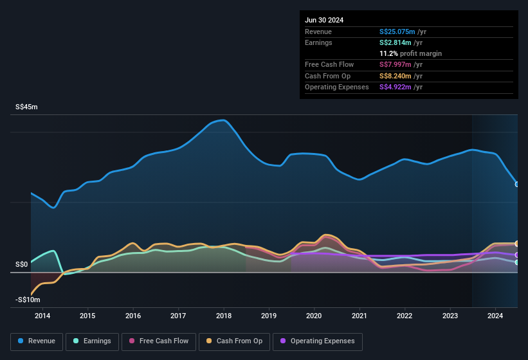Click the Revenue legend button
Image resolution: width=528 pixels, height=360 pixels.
click(37, 341)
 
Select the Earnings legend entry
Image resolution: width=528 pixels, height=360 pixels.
click(92, 341)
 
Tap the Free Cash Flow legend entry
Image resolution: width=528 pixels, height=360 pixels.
click(159, 341)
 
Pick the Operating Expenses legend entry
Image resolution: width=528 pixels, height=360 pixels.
click(318, 341)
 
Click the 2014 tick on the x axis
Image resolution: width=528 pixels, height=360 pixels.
click(42, 316)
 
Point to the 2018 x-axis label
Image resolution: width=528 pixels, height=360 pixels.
click(224, 316)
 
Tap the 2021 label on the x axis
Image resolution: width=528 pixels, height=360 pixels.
click(360, 316)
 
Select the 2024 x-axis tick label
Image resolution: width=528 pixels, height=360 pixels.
click(495, 316)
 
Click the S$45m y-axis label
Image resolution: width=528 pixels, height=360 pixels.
click(26, 107)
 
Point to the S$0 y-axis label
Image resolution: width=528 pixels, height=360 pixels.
click(22, 264)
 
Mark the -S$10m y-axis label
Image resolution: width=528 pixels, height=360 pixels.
click(28, 300)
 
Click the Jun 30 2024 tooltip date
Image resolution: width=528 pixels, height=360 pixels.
click(324, 20)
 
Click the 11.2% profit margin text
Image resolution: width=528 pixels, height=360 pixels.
click(410, 53)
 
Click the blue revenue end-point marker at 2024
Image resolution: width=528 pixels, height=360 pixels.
click(517, 184)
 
